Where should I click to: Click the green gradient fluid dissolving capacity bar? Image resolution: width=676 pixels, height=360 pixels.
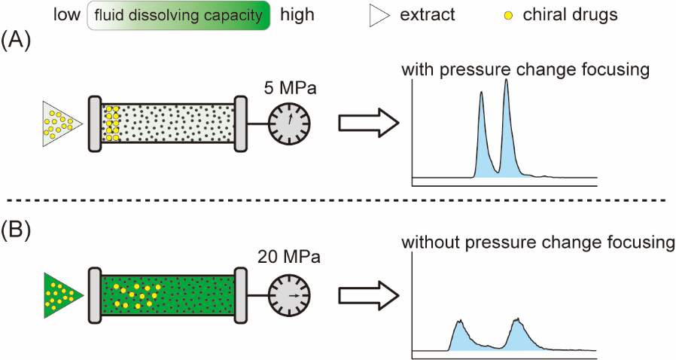tap(178, 15)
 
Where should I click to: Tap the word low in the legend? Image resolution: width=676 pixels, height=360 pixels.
tap(67, 15)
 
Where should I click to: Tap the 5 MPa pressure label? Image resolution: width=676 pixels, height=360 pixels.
tap(289, 89)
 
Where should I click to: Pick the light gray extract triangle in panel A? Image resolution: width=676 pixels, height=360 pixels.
tap(60, 124)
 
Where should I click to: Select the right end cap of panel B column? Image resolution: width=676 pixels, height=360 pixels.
tap(241, 295)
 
